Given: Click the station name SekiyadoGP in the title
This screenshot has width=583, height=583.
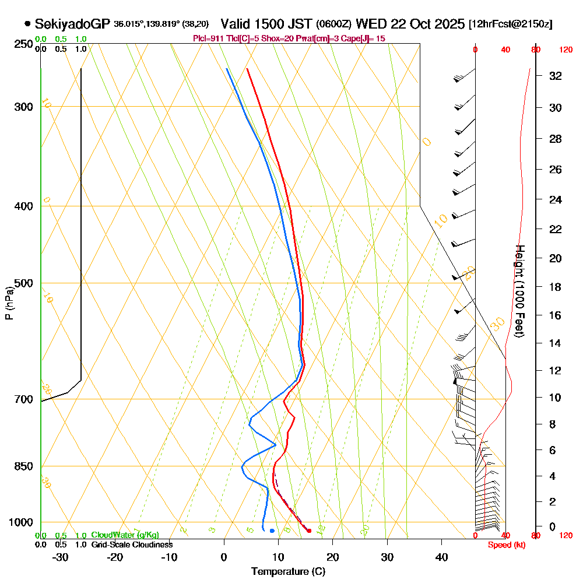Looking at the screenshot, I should point(72,24).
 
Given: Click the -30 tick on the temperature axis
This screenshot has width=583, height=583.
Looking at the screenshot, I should point(61,557).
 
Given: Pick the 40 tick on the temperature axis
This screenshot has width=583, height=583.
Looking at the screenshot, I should point(442,557).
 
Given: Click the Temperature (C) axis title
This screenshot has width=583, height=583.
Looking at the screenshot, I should point(288,571).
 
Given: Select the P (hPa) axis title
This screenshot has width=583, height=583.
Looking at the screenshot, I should point(9,303).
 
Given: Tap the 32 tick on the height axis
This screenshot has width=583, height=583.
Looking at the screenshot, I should point(556,76).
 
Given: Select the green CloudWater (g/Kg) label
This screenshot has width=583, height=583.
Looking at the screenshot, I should point(125,535).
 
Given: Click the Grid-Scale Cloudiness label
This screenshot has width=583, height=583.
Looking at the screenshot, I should point(132,545).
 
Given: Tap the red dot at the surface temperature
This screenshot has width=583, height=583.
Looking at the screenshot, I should point(309,531).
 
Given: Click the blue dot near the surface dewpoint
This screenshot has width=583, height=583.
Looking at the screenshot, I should point(272,531).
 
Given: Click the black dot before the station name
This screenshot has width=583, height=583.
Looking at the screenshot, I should point(27,24).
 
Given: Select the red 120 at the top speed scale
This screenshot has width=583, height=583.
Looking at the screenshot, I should point(566,50).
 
